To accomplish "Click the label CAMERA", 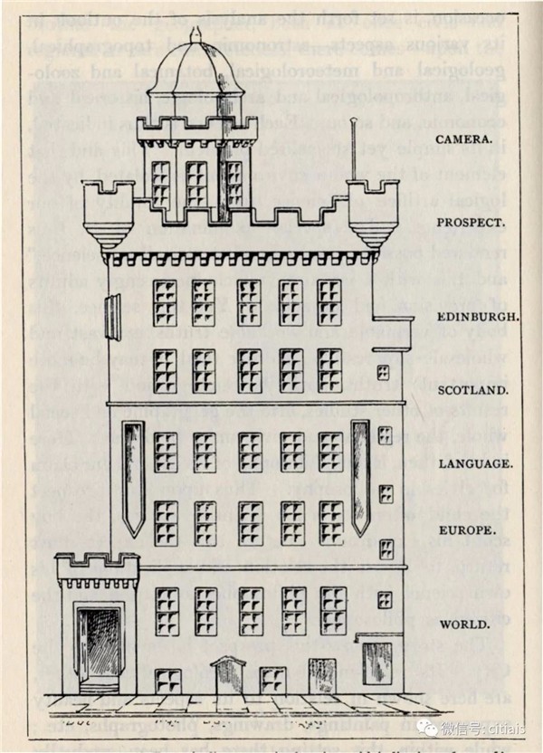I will click(x=464, y=140).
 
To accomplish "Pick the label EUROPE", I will click(x=465, y=530).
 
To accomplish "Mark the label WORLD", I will click(x=462, y=624).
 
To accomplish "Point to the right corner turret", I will click(x=372, y=213).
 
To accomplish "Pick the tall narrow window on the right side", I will click(x=360, y=475).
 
